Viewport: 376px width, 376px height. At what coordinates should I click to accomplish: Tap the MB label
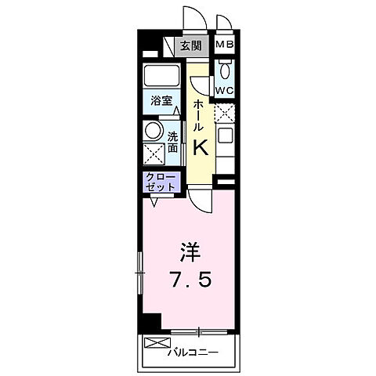(x=225, y=45)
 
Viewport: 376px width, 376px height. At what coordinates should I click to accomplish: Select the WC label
(x=225, y=90)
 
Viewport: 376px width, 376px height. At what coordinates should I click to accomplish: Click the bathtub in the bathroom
(x=163, y=77)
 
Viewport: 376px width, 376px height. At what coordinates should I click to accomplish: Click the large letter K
(x=201, y=146)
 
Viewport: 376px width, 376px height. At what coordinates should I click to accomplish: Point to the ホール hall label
(x=200, y=114)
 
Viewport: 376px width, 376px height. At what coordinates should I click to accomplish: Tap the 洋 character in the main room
(x=190, y=252)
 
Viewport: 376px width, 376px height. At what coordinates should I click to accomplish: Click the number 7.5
(x=189, y=280)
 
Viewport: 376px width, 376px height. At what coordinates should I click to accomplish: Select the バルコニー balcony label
(x=192, y=351)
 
